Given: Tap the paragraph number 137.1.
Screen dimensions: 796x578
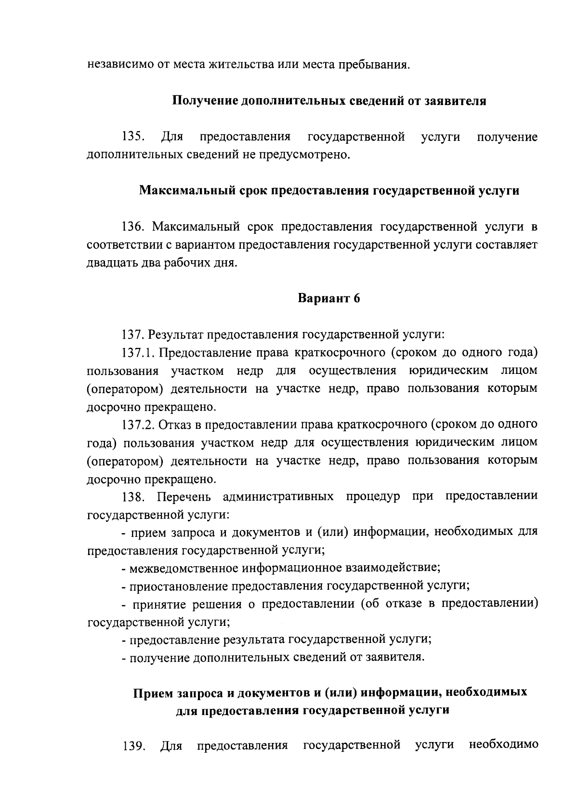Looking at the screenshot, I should pyautogui.click(x=138, y=353).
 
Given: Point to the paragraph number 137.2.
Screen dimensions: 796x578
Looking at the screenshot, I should pyautogui.click(x=138, y=425).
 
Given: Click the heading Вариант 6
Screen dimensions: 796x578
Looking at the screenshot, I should pyautogui.click(x=329, y=298).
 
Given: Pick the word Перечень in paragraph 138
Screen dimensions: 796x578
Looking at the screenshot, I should pyautogui.click(x=184, y=497).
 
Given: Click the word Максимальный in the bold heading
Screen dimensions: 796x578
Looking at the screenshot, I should pyautogui.click(x=186, y=190).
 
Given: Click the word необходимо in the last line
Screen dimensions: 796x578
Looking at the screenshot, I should pyautogui.click(x=503, y=746).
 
